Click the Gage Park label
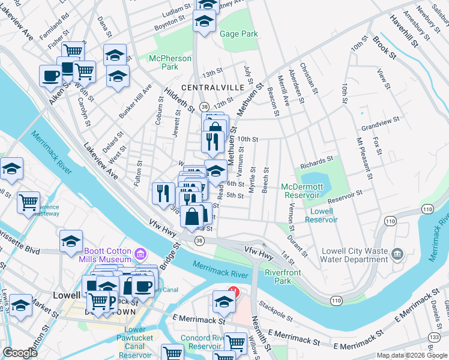(239, 34)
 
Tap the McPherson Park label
(170, 63)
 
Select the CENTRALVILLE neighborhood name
(217, 88)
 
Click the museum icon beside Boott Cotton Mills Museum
(141, 254)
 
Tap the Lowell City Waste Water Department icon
(397, 254)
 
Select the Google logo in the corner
(20, 353)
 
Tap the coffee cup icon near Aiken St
(50, 76)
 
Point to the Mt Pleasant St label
(365, 161)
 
